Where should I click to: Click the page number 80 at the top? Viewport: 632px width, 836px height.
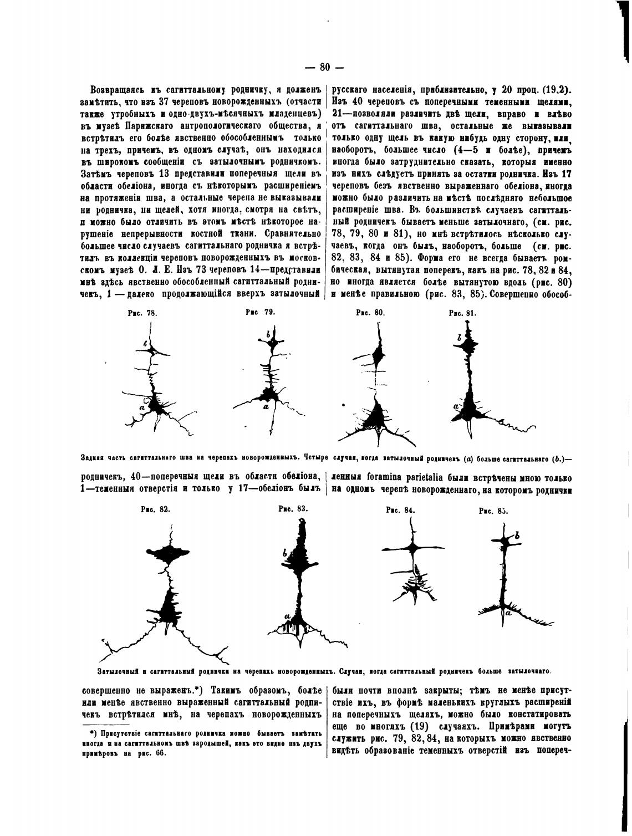click(324, 67)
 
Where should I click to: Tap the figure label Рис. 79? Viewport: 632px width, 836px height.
click(261, 312)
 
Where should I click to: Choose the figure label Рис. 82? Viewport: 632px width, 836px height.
click(156, 508)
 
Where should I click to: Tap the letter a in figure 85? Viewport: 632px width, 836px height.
click(508, 614)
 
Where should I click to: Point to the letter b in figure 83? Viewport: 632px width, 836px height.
click(284, 553)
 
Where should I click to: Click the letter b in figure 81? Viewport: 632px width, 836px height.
click(460, 337)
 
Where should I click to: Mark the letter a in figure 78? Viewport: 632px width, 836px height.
click(142, 407)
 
